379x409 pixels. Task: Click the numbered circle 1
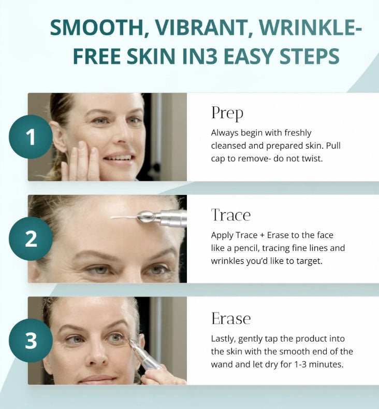click(x=31, y=137)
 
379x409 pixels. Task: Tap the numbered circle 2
click(x=31, y=238)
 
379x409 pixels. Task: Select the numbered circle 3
click(x=31, y=341)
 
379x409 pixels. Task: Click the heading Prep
click(x=227, y=112)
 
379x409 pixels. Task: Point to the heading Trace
click(x=230, y=215)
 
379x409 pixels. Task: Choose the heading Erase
click(x=230, y=318)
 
